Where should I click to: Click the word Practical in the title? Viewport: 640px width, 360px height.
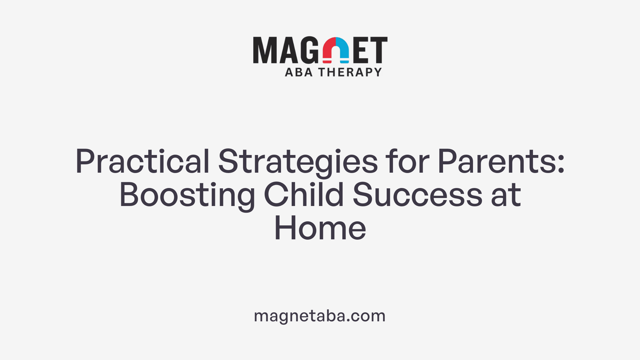(x=143, y=162)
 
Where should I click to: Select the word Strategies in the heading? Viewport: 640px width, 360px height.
(x=298, y=162)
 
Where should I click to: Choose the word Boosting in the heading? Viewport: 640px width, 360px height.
(x=187, y=195)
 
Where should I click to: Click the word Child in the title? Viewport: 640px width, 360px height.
(x=304, y=195)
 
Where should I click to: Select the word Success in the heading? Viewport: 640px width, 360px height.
(x=417, y=195)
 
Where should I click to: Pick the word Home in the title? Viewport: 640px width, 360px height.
(x=320, y=229)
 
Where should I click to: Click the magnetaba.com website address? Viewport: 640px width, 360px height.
(x=320, y=316)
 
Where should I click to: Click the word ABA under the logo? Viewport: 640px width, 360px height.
(x=299, y=72)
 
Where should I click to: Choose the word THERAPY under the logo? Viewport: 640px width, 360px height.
(x=350, y=72)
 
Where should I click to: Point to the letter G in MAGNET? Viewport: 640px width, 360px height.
(x=310, y=50)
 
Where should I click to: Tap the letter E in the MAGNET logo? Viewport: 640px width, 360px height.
(x=361, y=50)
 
